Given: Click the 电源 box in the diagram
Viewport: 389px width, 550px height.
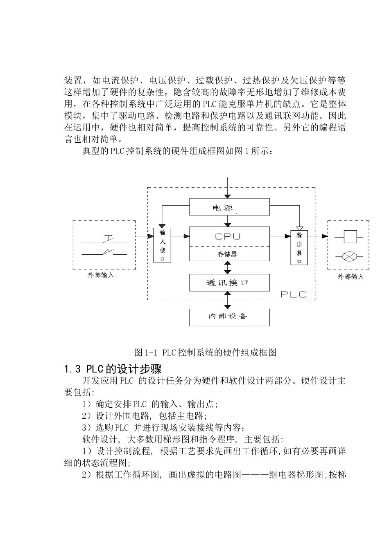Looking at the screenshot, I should point(229,207).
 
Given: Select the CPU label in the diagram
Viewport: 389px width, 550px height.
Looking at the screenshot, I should point(228,236).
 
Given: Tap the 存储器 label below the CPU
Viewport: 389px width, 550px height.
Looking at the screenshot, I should point(228,254).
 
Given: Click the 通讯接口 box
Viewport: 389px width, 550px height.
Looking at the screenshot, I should point(229,283).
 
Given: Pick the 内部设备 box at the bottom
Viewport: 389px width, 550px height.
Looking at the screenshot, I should point(229,317).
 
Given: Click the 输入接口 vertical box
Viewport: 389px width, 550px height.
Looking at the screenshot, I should point(162,245).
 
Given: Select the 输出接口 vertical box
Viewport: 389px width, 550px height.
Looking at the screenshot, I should point(299,247).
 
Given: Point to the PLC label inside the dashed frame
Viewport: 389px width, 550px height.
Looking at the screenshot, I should point(293,294).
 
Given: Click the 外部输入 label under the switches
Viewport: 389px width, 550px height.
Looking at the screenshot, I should point(101,275).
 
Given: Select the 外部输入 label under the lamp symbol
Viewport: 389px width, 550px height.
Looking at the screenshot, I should point(350,276).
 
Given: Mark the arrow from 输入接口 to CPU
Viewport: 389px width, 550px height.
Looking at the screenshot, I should point(180,236).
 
